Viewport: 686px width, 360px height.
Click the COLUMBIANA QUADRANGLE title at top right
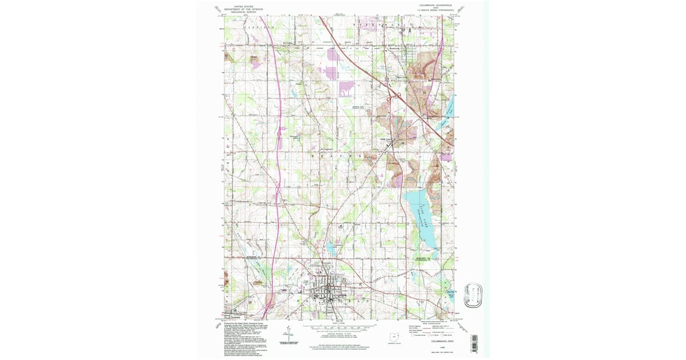tap(436, 5)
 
